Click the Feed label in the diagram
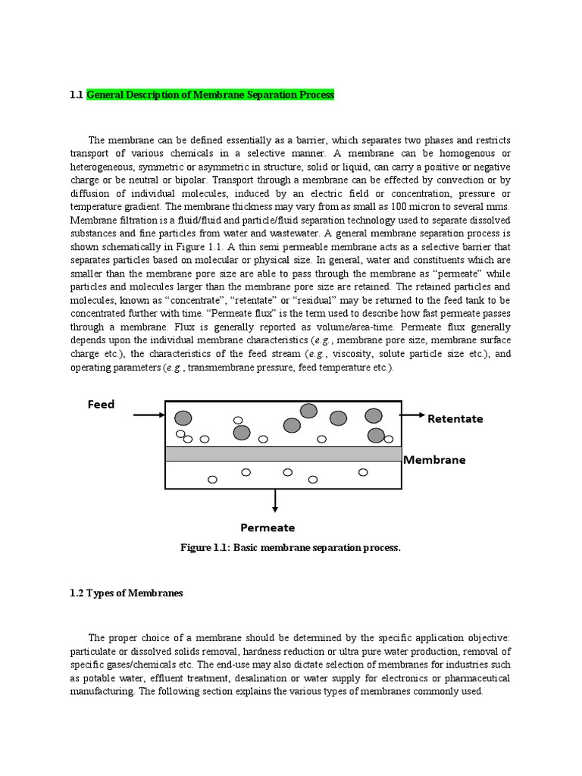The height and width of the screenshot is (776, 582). point(101,405)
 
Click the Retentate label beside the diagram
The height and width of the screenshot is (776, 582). point(455,419)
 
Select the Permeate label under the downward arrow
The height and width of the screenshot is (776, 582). point(268,527)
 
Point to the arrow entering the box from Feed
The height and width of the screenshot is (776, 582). point(149,415)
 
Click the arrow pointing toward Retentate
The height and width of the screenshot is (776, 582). point(413,415)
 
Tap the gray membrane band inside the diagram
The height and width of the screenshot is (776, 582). point(283,454)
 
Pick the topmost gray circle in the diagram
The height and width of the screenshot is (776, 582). point(308,411)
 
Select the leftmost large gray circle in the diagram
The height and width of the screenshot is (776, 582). point(183,418)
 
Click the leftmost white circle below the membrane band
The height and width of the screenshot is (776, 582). point(212,479)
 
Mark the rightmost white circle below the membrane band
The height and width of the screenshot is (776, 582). point(363,472)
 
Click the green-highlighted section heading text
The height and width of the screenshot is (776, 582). point(210,95)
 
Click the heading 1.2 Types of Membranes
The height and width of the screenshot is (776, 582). point(127,593)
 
